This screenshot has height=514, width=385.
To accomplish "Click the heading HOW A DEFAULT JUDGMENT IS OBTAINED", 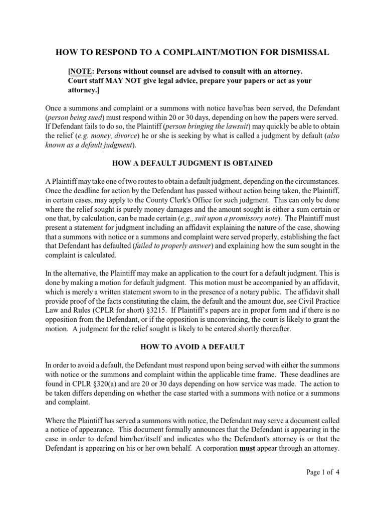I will pos(192,163).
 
